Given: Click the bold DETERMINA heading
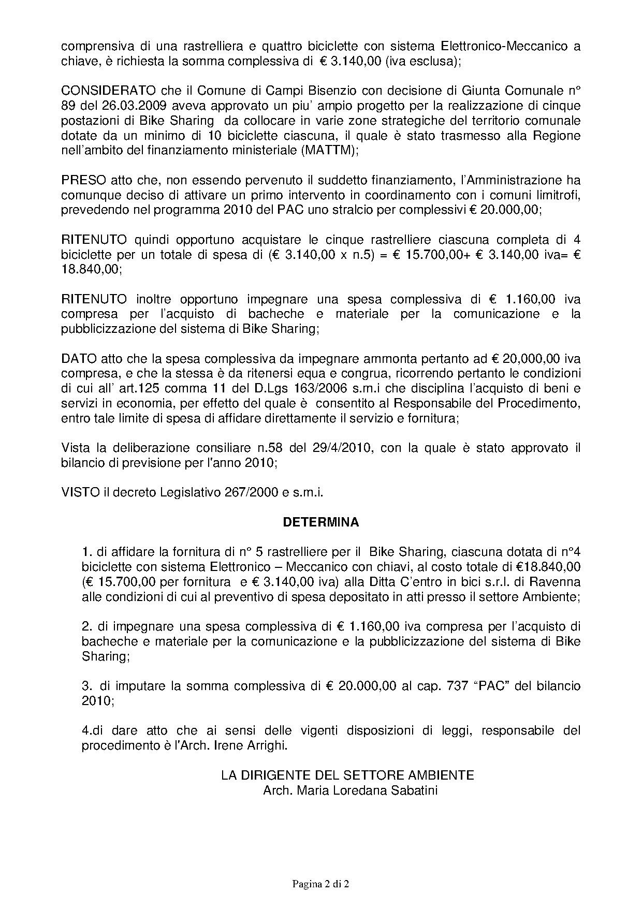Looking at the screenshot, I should tap(320, 522).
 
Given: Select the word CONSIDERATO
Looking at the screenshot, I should tap(94, 91).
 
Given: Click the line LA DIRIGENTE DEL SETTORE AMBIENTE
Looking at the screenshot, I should tap(347, 775).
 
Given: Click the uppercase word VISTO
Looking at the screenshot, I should tap(80, 492).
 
